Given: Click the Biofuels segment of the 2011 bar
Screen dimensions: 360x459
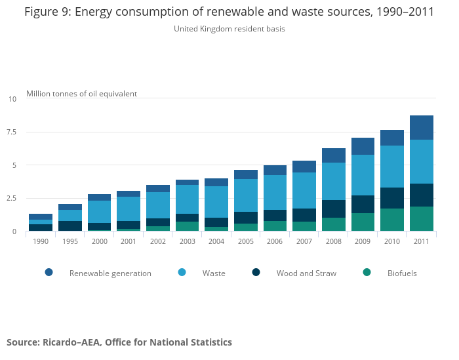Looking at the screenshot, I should click(x=421, y=219).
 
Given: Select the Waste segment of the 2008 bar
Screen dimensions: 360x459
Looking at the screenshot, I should click(x=333, y=181).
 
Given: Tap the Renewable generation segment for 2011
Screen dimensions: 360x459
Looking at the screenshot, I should click(x=421, y=127).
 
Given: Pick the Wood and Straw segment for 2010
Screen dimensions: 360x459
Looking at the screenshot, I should click(x=392, y=198).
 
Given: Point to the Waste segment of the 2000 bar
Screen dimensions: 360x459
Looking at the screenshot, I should click(x=99, y=212).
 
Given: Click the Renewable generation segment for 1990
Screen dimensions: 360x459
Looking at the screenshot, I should click(x=41, y=216).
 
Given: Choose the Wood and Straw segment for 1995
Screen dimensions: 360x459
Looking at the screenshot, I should click(x=70, y=226).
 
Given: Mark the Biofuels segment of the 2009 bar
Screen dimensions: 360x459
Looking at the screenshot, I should click(x=363, y=222).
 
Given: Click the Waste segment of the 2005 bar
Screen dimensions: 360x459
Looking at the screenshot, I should click(x=246, y=195).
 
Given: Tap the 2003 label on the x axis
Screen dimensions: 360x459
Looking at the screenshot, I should click(x=187, y=241).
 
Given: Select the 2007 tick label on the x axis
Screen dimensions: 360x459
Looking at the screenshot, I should click(x=304, y=241).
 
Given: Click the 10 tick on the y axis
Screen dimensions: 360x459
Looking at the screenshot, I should click(x=12, y=99).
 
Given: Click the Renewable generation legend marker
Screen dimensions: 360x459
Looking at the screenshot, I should click(x=49, y=273).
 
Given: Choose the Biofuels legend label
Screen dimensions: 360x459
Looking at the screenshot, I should click(x=402, y=273).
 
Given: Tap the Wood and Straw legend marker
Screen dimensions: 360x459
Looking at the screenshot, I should click(x=256, y=273).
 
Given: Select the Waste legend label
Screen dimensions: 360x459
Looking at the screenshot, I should click(x=214, y=273).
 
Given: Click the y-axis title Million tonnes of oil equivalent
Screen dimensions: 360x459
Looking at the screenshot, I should click(x=81, y=94).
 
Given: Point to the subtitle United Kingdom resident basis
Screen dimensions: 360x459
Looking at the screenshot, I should click(x=229, y=29).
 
